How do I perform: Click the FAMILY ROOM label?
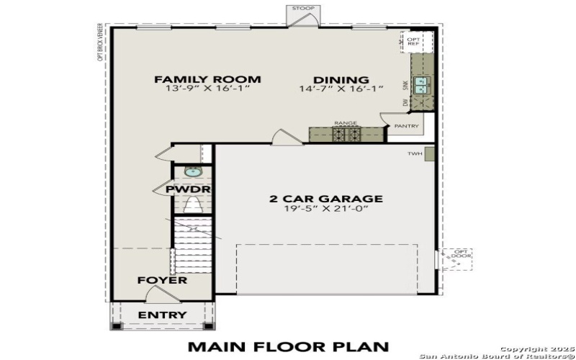click(x=207, y=79)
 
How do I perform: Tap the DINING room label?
click(x=341, y=80)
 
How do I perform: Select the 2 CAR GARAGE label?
click(x=325, y=199)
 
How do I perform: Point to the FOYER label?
click(x=163, y=280)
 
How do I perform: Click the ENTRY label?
click(x=162, y=315)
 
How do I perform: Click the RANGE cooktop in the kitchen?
click(x=345, y=133)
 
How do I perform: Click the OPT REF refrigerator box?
click(x=415, y=41)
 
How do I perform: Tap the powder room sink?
click(x=192, y=171)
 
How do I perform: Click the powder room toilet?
click(x=192, y=205)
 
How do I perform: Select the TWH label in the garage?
click(x=414, y=153)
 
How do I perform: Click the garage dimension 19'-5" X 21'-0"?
click(x=325, y=210)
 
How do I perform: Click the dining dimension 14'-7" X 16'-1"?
click(x=341, y=89)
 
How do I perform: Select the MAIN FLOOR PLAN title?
click(x=288, y=346)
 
